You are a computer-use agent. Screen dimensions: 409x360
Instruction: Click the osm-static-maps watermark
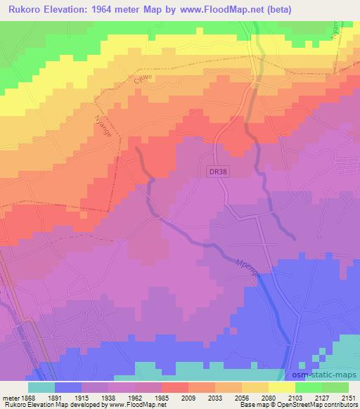(322, 375)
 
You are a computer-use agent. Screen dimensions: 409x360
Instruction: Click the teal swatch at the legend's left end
(41, 387)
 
